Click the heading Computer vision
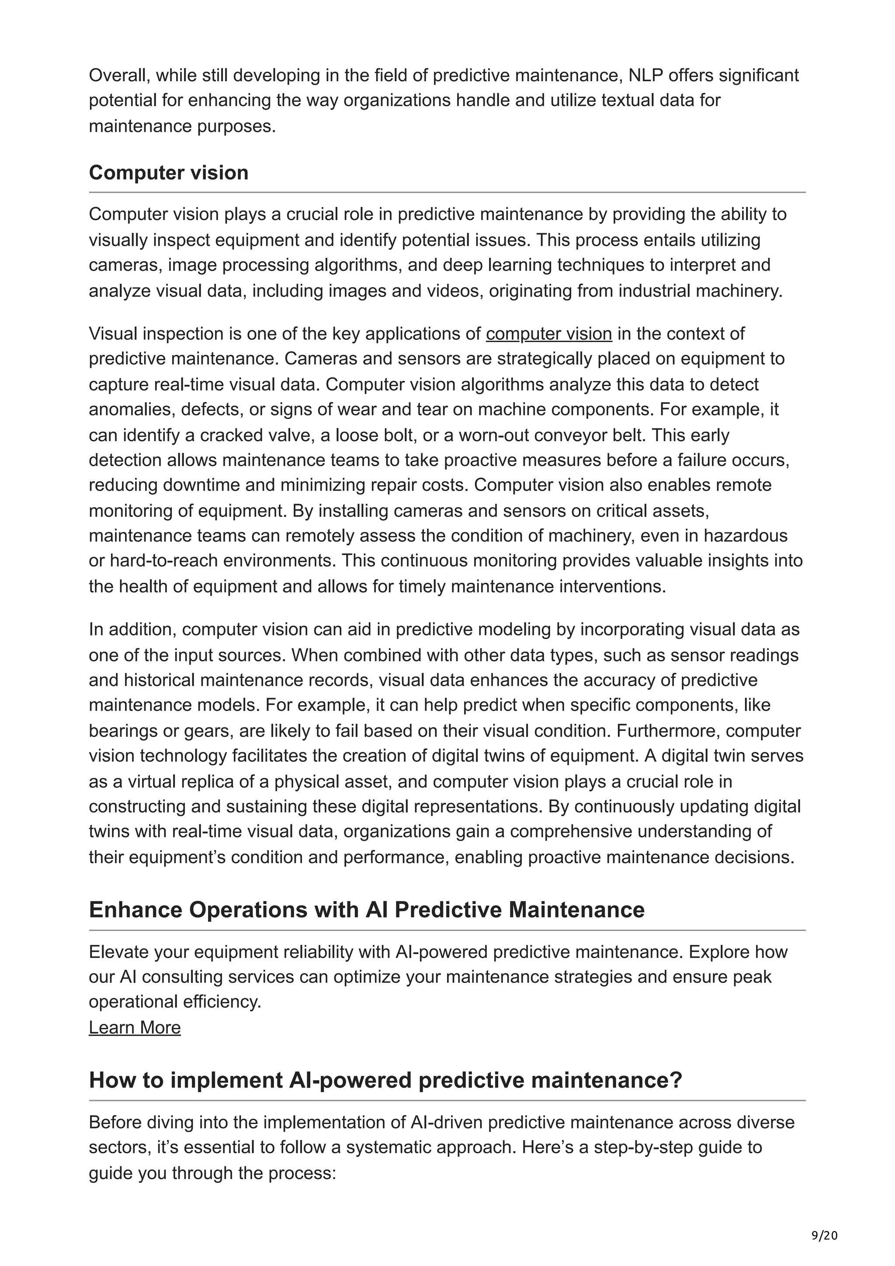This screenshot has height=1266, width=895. point(168,173)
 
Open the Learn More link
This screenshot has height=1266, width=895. point(135,1028)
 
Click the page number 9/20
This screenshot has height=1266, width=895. point(824,1236)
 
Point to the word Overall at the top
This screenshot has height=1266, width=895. point(118,75)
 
